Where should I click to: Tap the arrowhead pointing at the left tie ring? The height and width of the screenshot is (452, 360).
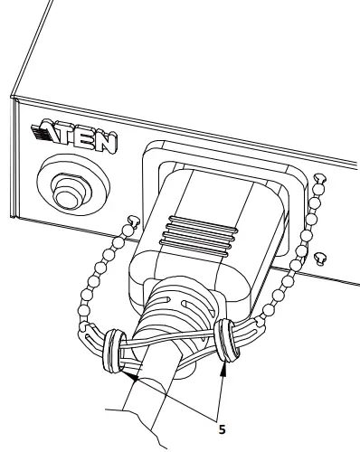128,372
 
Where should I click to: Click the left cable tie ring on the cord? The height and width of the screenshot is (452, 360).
112,352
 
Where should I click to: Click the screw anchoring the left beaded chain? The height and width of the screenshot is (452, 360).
133,220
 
